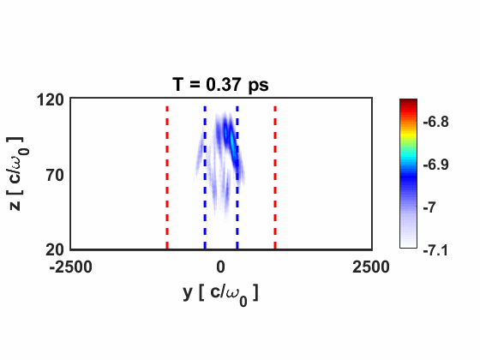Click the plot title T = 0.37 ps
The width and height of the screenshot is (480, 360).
220,84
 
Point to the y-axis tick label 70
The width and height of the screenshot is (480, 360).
52,175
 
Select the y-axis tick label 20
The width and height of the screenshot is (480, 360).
52,249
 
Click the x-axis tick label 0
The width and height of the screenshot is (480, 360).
221,267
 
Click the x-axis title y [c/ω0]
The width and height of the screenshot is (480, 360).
220,292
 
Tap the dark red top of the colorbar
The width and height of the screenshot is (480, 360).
408,103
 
